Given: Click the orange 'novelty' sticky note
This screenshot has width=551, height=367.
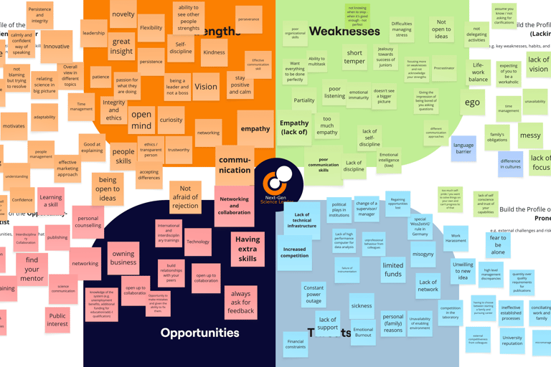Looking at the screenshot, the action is (x=123, y=14).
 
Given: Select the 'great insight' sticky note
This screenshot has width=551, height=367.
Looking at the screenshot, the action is (x=121, y=46).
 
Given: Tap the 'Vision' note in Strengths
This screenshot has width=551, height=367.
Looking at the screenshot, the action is (x=206, y=87).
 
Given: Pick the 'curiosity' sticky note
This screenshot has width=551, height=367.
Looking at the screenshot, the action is (x=171, y=120).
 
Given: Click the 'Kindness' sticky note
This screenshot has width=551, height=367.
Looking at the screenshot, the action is (x=214, y=52).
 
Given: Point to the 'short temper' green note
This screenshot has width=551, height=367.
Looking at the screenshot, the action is (x=354, y=57).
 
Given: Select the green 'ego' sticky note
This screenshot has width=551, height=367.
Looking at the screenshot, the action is (x=472, y=102).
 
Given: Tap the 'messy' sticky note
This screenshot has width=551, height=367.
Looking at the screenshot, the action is (x=530, y=135).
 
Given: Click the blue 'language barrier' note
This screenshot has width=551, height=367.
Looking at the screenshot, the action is (x=463, y=149).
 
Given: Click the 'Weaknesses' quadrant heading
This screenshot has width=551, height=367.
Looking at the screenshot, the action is (x=344, y=32).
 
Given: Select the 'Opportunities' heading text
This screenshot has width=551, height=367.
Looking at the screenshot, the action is (x=199, y=333).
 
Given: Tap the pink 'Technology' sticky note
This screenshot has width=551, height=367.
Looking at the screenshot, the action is (x=198, y=242).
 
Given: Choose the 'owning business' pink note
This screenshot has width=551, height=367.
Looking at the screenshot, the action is (x=123, y=258).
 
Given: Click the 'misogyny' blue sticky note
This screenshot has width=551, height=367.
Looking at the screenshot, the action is (x=423, y=254).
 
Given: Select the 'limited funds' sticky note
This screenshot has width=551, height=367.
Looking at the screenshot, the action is (x=392, y=270).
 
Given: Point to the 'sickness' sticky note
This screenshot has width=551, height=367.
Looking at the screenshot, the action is (x=362, y=306).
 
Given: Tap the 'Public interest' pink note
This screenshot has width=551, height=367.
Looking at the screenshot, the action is (x=57, y=320).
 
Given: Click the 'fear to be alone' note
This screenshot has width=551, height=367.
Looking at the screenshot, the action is (x=497, y=245).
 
